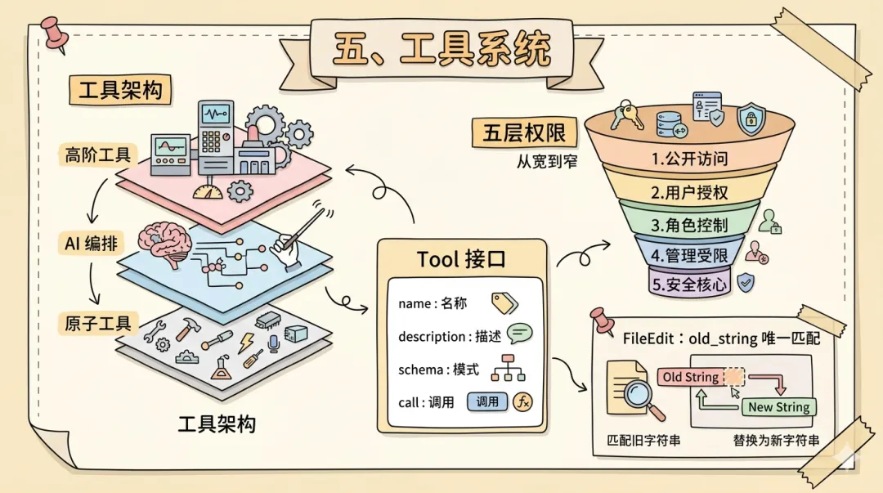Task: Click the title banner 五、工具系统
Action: (x=441, y=51)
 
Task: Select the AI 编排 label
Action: (x=91, y=243)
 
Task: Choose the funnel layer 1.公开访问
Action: (x=689, y=159)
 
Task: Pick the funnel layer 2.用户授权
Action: (x=689, y=193)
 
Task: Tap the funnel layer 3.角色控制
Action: (x=689, y=224)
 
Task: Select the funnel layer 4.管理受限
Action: (x=689, y=254)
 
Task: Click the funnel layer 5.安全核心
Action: (x=689, y=285)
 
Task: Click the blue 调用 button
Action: (x=487, y=401)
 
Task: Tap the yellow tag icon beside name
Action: (x=504, y=303)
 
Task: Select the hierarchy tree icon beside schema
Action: (x=507, y=369)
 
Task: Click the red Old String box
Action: (x=691, y=378)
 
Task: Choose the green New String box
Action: (x=778, y=407)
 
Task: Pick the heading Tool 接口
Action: (x=461, y=259)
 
